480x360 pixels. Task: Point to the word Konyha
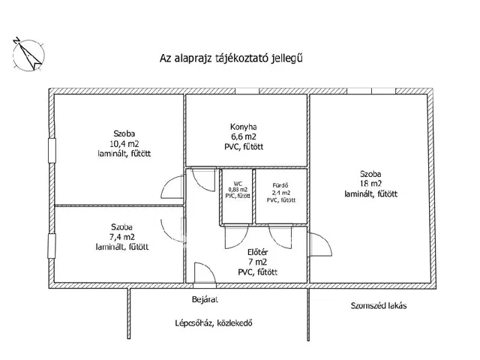click(244, 127)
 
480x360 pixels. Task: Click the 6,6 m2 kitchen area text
click(244, 137)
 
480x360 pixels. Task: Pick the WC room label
click(237, 183)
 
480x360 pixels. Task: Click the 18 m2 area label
click(370, 183)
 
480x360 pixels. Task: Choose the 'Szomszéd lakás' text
click(376, 306)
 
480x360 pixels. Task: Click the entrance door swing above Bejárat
click(202, 274)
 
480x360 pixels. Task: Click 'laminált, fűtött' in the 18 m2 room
click(370, 193)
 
